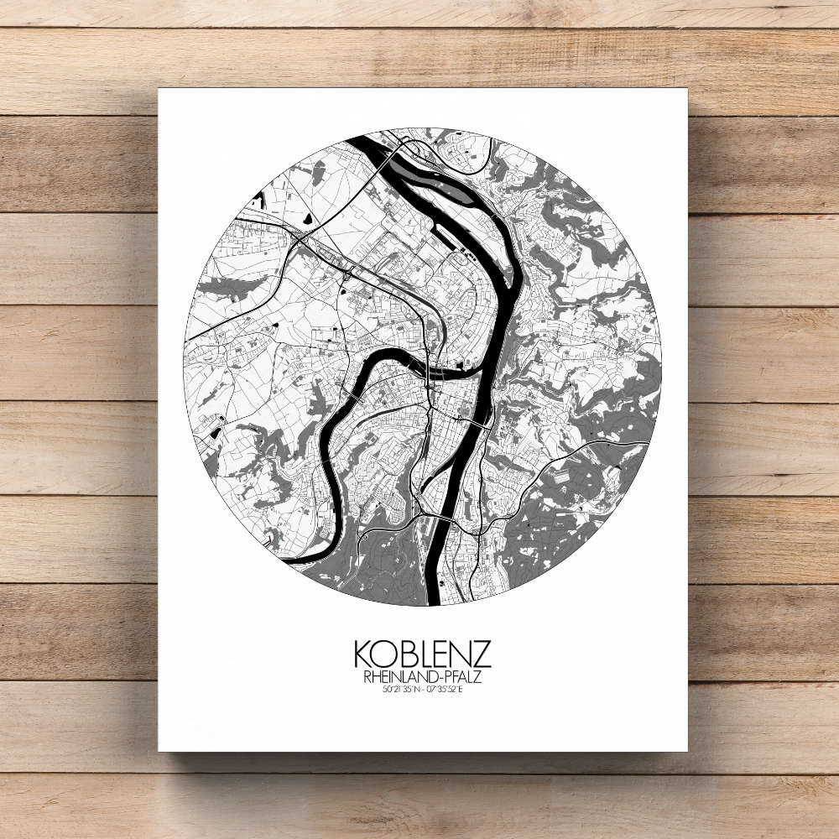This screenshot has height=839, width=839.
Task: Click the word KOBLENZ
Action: point(422,654)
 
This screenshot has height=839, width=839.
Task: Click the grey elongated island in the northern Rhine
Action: point(424,172)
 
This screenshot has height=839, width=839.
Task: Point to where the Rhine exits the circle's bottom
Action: point(435,600)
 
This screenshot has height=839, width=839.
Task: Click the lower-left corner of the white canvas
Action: point(159,750)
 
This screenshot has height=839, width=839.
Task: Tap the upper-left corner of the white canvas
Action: point(159,89)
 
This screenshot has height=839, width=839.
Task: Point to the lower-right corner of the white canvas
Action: point(686,750)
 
